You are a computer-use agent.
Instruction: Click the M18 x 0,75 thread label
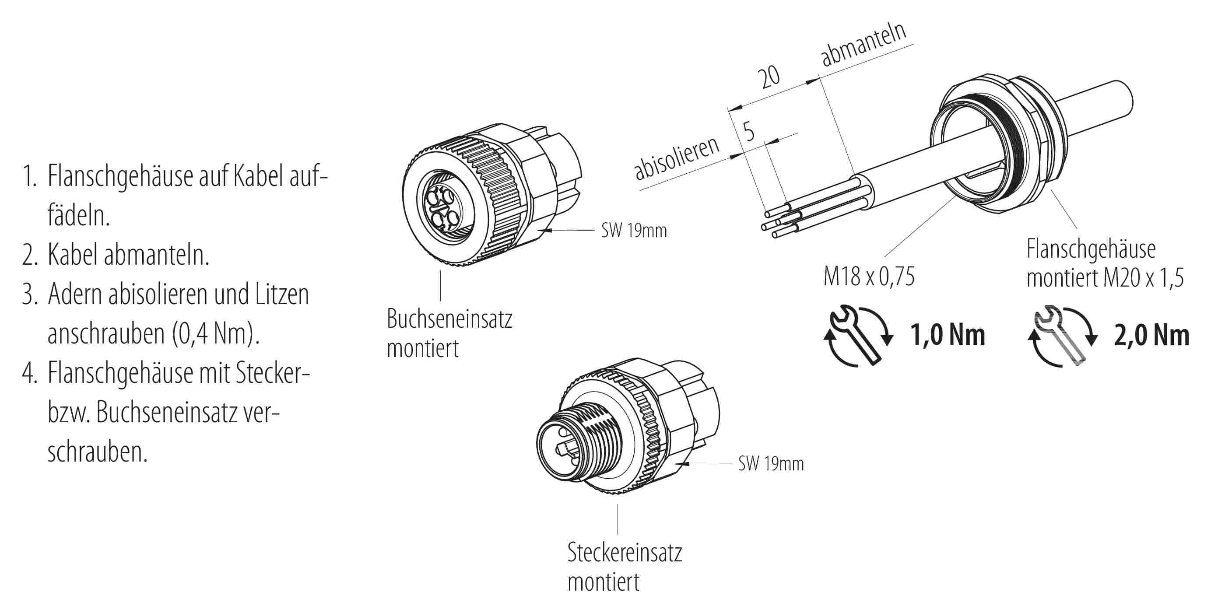tap(869, 276)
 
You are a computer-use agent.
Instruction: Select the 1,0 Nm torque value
tap(947, 335)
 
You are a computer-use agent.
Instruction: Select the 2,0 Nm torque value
tap(1152, 336)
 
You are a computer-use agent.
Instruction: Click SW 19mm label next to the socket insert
tap(634, 230)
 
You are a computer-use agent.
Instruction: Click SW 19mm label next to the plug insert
tap(771, 463)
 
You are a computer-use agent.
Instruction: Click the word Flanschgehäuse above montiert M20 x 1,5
tap(1091, 249)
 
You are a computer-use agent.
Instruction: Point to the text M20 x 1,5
tap(1143, 278)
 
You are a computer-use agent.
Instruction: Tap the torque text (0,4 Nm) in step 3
tap(216, 333)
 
